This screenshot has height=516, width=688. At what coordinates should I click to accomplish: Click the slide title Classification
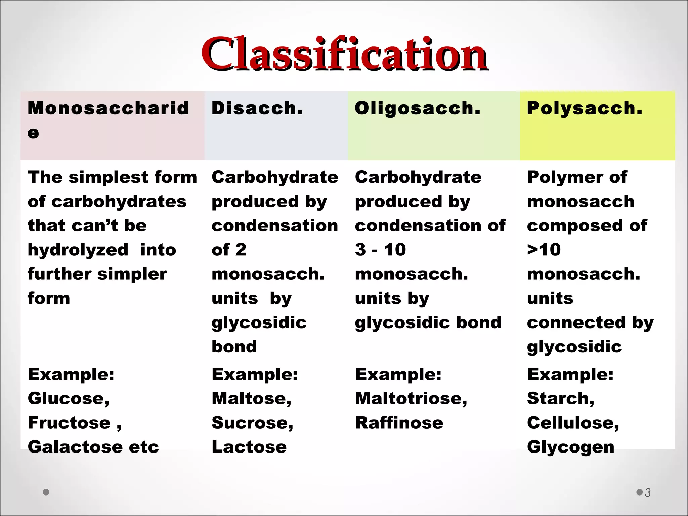tap(344, 54)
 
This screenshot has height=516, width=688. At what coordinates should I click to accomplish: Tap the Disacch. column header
tap(257, 108)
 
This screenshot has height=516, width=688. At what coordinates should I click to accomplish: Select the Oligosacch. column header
tap(418, 108)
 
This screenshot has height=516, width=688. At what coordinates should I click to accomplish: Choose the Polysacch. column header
tap(585, 108)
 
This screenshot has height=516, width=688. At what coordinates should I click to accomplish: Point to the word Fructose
tap(69, 423)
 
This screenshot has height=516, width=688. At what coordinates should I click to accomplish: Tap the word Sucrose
tap(250, 423)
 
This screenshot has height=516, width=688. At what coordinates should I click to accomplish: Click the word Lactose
tap(249, 447)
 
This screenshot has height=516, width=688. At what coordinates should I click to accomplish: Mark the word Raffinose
tap(399, 423)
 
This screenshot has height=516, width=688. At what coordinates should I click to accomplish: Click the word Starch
tap(558, 398)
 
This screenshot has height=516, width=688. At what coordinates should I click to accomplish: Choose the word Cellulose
tap(571, 423)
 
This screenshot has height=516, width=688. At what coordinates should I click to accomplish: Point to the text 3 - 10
tap(380, 250)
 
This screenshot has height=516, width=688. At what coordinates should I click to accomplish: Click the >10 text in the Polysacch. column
tap(544, 250)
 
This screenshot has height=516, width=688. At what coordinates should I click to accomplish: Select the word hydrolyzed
tap(78, 250)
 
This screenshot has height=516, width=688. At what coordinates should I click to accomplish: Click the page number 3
tap(648, 492)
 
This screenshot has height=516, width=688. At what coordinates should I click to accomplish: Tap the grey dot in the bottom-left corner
tap(46, 492)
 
